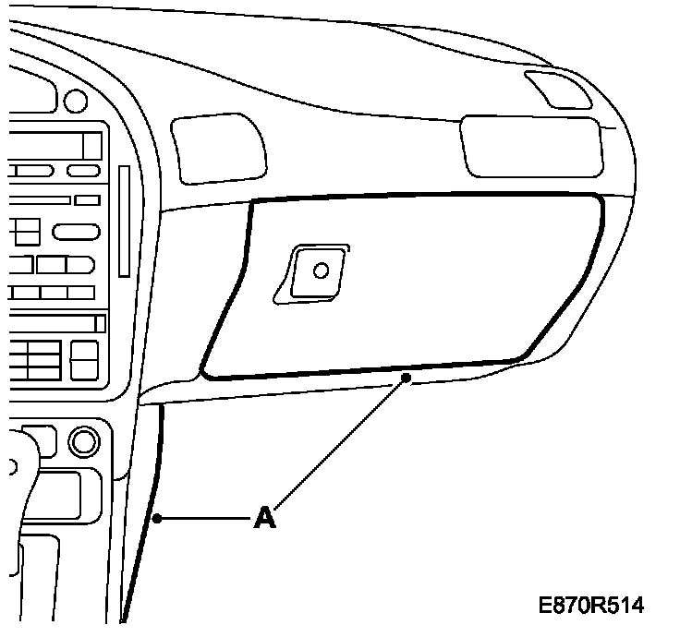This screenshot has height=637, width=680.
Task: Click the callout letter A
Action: (x=264, y=518)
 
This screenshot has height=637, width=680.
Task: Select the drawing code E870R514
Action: (x=591, y=606)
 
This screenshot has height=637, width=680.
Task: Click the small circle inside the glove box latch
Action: (x=322, y=270)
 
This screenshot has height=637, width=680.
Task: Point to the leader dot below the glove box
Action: (x=406, y=377)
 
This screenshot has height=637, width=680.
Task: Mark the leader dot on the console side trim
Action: (x=158, y=519)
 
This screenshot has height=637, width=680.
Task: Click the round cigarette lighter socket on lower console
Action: (x=84, y=439)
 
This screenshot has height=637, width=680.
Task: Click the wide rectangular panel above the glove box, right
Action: (x=531, y=146)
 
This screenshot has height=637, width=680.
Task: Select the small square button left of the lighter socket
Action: (x=38, y=438)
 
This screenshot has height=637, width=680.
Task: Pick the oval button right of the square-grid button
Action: (x=75, y=231)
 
